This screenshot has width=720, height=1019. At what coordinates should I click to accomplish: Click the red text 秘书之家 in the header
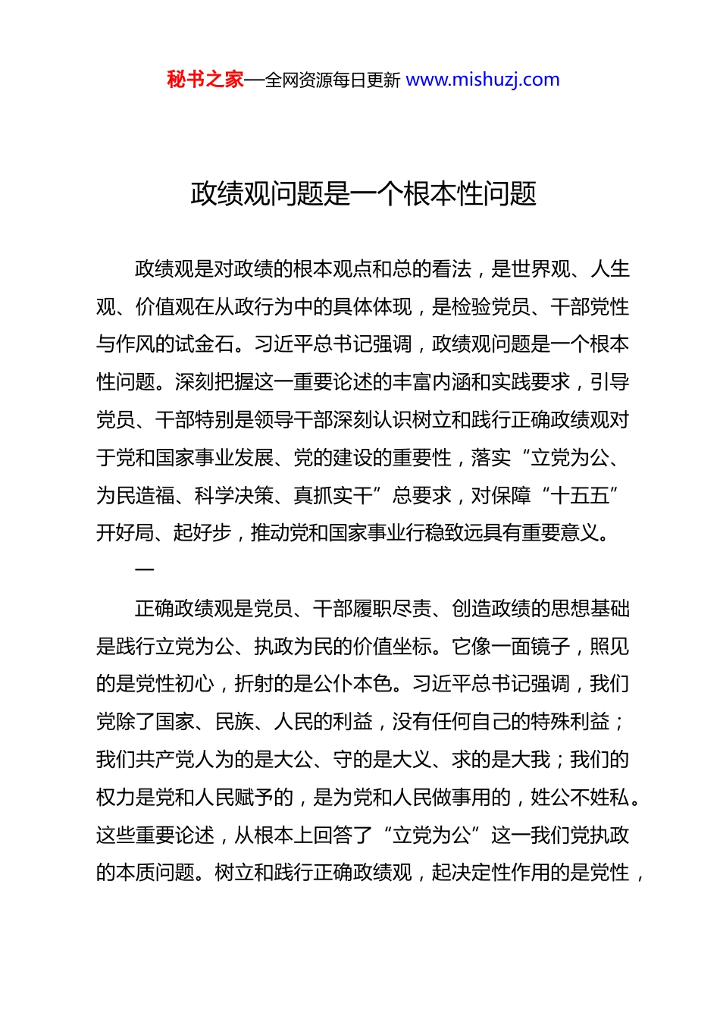(x=205, y=80)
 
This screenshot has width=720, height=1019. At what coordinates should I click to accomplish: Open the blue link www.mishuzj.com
(x=483, y=80)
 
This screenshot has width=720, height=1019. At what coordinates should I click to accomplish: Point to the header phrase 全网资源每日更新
(x=333, y=80)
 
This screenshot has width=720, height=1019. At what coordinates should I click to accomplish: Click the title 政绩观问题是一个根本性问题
(x=364, y=194)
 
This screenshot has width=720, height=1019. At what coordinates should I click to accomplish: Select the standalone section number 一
(x=144, y=569)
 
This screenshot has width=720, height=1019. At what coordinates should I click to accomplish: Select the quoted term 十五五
(x=581, y=496)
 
